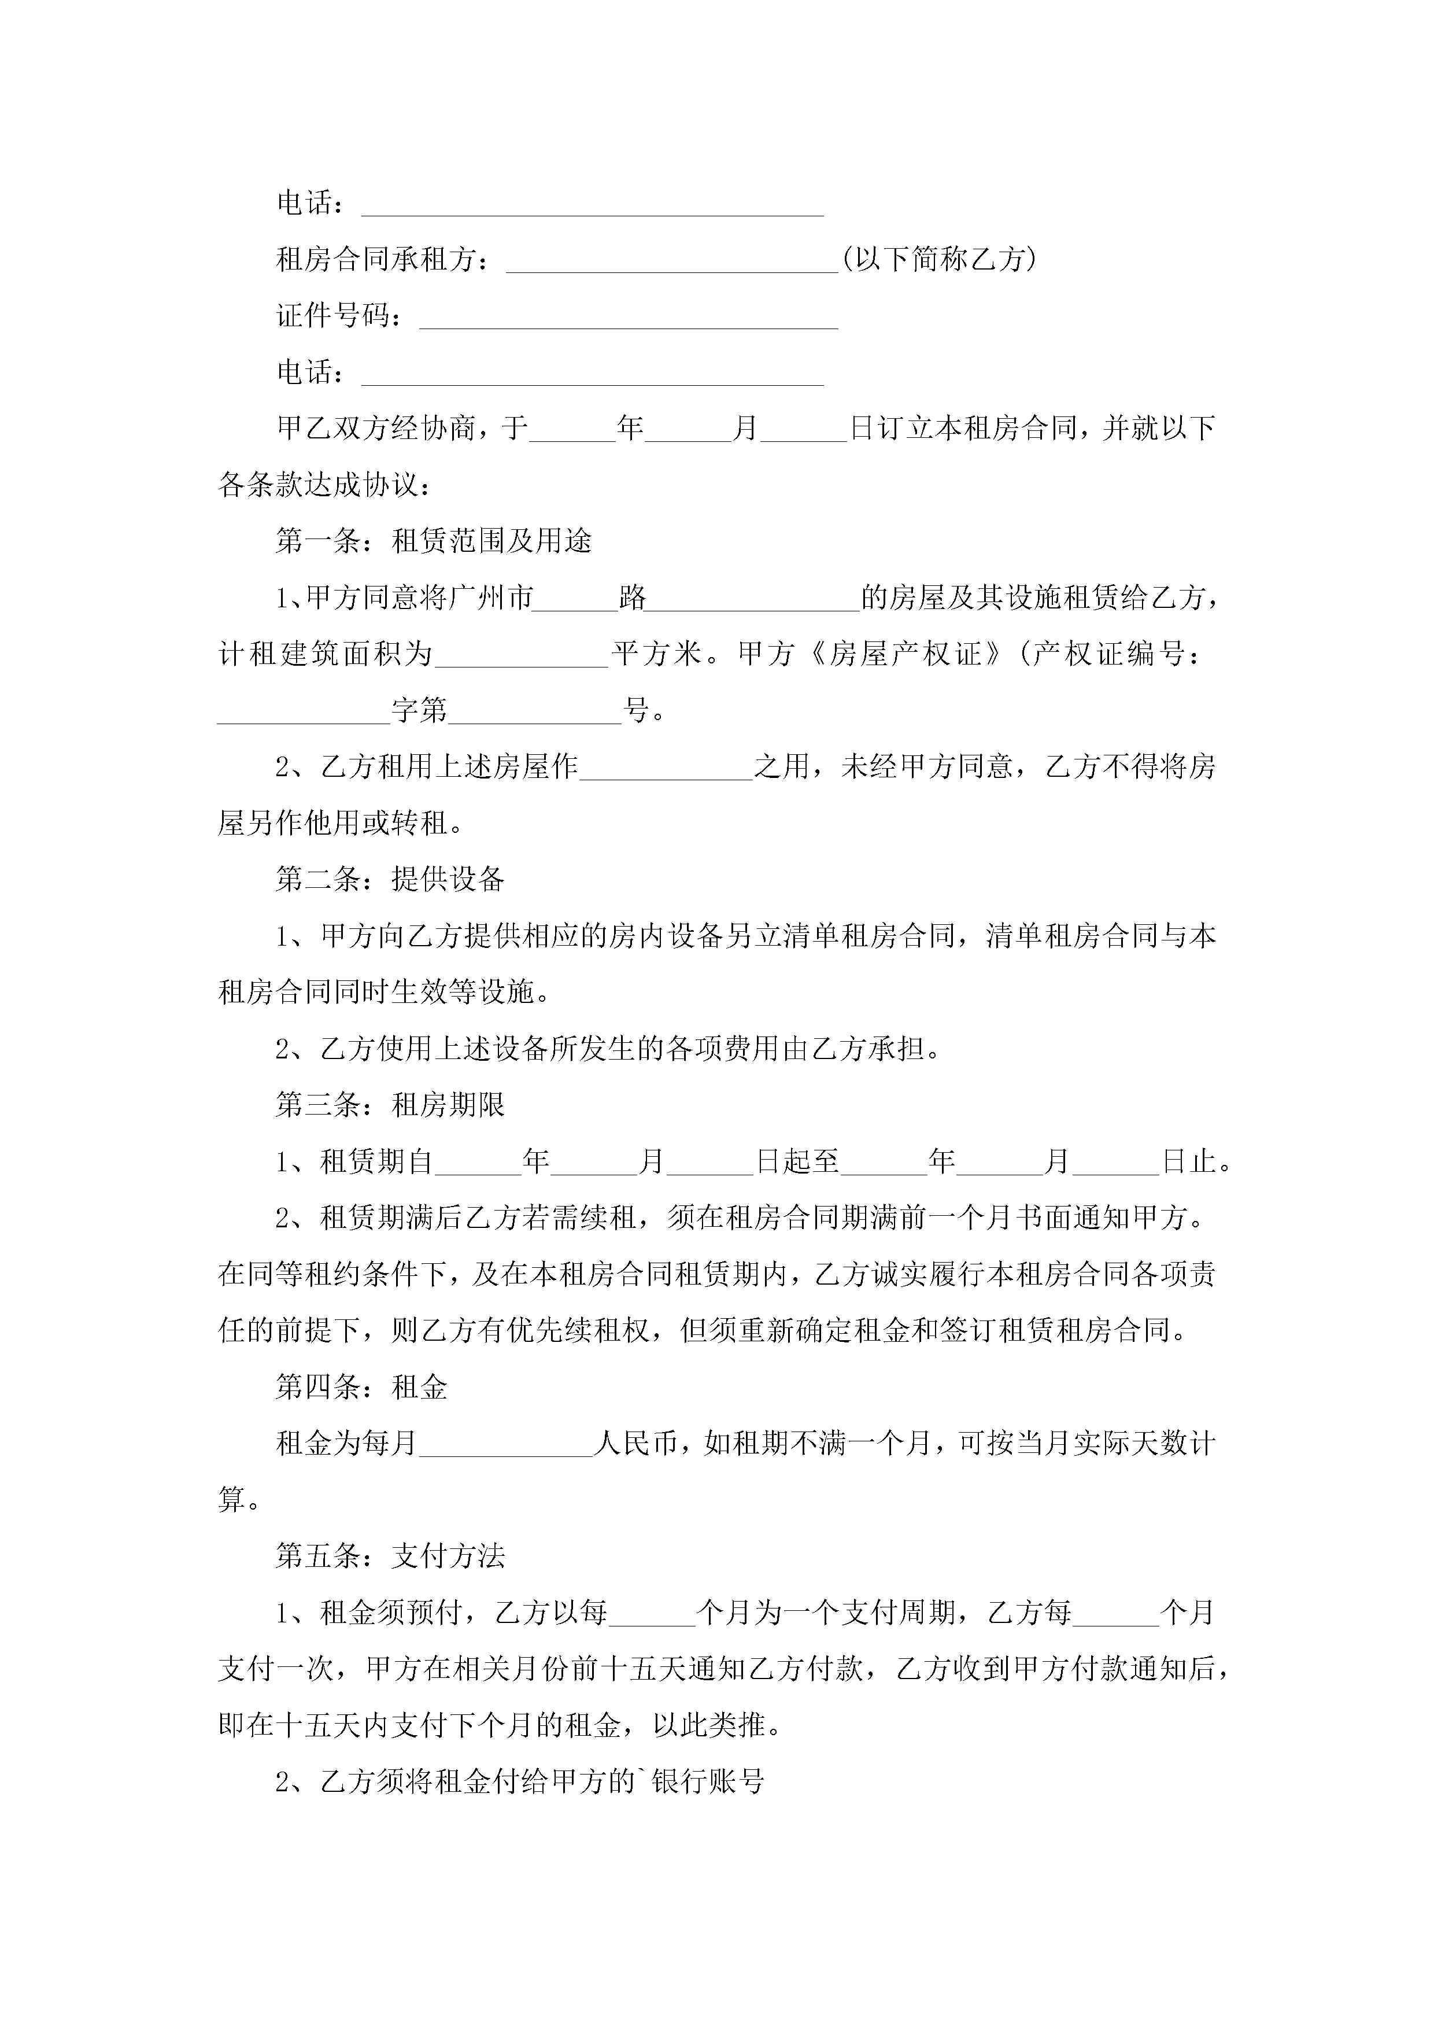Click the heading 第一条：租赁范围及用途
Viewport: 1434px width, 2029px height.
point(434,541)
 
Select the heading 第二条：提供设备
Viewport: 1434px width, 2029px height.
point(390,879)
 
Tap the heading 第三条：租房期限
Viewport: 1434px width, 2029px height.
point(390,1105)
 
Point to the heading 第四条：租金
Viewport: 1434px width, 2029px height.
point(361,1388)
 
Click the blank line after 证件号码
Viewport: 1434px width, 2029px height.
point(628,318)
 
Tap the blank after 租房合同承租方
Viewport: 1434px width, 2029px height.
point(671,263)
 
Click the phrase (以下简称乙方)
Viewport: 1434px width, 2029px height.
point(938,259)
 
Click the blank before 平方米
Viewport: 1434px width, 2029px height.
point(522,656)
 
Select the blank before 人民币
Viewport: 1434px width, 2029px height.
point(505,1445)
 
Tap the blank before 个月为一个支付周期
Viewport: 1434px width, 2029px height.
point(652,1614)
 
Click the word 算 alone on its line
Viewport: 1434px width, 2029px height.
point(231,1500)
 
